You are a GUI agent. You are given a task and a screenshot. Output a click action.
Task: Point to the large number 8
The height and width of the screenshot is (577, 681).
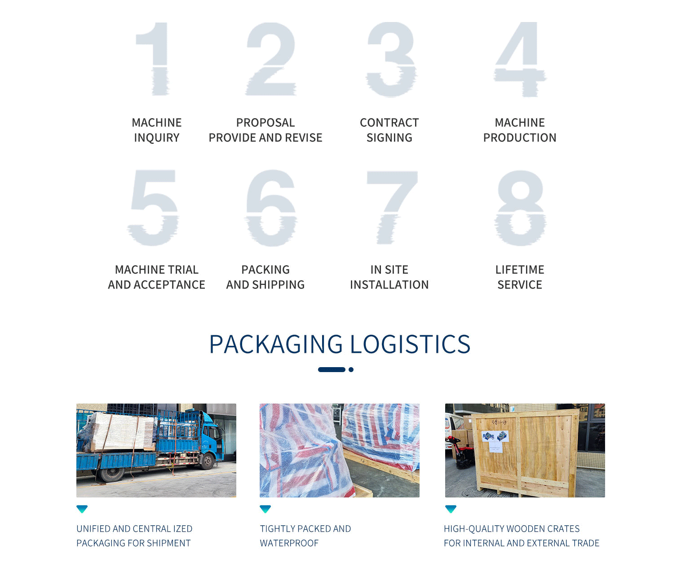tap(520, 208)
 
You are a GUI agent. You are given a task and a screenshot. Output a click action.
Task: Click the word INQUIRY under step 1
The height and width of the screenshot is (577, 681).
tap(156, 138)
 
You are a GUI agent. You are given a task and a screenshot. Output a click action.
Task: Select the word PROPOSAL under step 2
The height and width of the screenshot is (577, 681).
tap(265, 123)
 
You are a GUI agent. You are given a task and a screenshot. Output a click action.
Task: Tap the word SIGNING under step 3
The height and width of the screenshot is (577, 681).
tap(389, 138)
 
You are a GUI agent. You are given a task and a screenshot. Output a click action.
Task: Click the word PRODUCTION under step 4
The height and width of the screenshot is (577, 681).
tap(520, 138)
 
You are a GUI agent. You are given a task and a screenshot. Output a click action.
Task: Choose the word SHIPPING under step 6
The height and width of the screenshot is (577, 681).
tap(279, 285)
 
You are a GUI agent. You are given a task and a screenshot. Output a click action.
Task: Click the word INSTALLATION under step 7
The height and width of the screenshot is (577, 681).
tap(389, 285)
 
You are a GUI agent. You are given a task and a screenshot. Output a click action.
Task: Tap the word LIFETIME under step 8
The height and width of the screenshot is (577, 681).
tap(520, 270)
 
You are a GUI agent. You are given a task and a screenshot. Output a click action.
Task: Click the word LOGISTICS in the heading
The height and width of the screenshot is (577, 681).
tap(410, 344)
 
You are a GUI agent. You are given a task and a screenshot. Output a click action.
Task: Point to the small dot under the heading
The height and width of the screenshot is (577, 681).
tap(351, 370)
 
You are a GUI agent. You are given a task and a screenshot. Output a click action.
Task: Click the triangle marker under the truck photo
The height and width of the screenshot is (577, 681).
tap(82, 509)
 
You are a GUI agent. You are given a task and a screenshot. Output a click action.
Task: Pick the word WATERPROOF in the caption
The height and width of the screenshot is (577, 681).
tap(289, 543)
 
